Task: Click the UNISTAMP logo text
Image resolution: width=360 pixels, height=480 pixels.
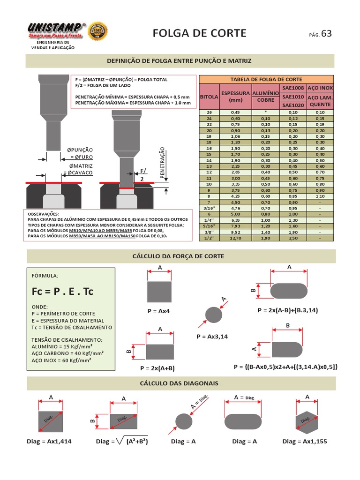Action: (x=57, y=28)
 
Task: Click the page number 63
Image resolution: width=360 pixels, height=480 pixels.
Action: (x=326, y=33)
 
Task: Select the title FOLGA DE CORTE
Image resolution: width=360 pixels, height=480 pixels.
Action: (x=199, y=33)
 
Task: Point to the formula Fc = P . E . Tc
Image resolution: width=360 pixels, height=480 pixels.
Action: (x=63, y=291)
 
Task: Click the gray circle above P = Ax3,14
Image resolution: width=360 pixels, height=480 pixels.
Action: (x=214, y=314)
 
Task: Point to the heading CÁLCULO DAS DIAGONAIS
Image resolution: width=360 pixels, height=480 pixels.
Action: (x=180, y=383)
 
